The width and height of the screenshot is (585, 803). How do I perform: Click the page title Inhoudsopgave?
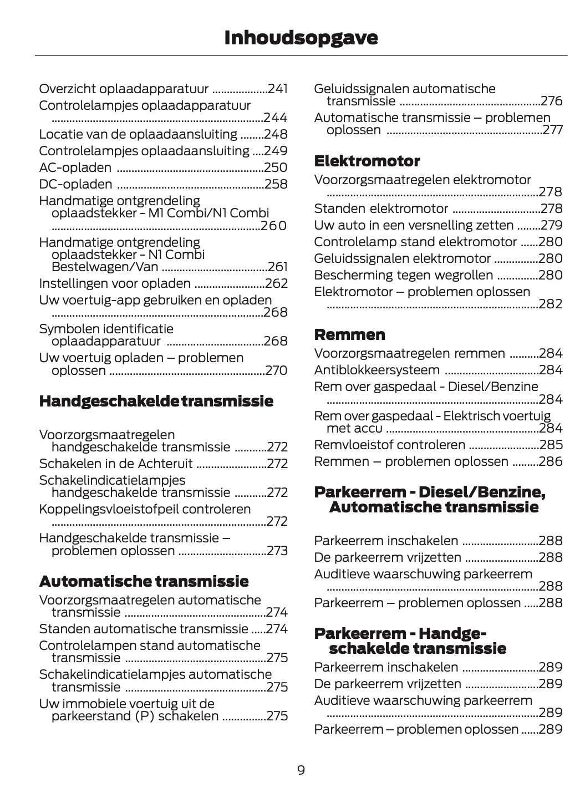301,38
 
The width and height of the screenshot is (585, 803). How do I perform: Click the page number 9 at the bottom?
301,770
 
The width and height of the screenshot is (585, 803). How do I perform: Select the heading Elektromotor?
367,161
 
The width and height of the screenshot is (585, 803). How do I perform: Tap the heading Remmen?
349,334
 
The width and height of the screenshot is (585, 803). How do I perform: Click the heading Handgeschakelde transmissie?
156,401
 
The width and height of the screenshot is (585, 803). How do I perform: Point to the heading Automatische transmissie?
144,581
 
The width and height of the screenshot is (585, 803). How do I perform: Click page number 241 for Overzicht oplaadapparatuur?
277,89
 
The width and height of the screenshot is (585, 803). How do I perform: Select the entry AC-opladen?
75,167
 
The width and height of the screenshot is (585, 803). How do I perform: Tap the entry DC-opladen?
76,184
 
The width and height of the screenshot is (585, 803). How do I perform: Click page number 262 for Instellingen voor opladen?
276,283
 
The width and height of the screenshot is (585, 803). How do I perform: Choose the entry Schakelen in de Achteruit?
116,464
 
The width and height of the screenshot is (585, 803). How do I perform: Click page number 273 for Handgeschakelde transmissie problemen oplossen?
276,551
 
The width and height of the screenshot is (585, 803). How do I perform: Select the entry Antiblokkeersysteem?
377,370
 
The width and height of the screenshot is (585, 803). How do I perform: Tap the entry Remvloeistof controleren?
390,445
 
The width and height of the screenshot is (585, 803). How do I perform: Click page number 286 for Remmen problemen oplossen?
551,461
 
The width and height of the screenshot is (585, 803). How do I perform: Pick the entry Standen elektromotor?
381,209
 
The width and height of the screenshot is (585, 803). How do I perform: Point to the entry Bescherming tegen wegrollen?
403,275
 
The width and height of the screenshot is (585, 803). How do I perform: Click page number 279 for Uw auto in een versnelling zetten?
551,225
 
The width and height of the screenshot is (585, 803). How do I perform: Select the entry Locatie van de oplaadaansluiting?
138,134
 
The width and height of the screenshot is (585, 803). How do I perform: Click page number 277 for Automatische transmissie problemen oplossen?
552,130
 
